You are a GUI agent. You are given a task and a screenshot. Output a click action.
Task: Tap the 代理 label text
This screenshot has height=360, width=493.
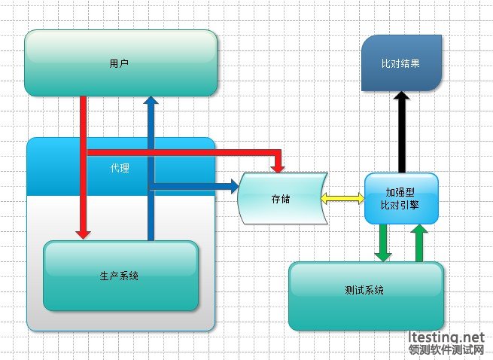tap(119, 168)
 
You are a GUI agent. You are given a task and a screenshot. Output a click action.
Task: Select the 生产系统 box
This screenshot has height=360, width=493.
tap(120, 276)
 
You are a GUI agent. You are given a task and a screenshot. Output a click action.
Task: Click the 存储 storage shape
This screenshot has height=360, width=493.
tap(281, 199)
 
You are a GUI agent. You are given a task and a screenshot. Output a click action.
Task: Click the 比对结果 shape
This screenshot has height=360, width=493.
tap(401, 63)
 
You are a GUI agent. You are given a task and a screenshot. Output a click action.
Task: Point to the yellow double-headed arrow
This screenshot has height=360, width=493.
tap(342, 198)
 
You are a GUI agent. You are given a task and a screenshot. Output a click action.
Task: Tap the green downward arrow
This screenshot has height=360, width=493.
tap(384, 245)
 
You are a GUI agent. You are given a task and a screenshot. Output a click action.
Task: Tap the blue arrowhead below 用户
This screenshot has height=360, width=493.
tap(151, 102)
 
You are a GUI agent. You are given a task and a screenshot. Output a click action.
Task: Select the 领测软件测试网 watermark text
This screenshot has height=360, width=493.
tap(446, 350)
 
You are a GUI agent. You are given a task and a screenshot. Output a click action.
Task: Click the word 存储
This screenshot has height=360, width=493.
tap(281, 199)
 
